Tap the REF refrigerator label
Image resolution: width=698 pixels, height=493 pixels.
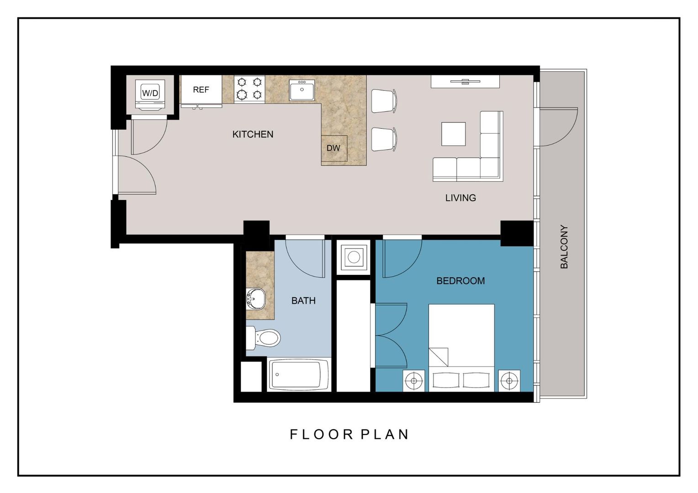201,90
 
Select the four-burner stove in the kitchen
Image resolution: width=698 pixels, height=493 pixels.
249,89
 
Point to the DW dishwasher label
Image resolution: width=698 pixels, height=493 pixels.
333,148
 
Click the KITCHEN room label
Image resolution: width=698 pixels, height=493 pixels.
253,134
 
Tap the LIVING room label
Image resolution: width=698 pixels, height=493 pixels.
460,198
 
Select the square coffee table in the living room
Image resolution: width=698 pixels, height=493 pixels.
453,134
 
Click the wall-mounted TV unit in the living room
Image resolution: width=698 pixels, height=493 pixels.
465,82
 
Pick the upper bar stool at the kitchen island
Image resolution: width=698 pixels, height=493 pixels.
383,101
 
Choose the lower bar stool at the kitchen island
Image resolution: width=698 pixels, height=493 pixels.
383,139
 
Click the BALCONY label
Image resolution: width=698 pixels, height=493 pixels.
564,246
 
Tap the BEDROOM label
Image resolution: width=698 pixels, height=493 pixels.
460,281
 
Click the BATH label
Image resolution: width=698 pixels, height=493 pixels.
303,300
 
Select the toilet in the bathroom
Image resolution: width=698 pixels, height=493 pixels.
264,338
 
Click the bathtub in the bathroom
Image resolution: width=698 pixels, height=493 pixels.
299,375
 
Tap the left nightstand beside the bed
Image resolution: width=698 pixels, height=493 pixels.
414,381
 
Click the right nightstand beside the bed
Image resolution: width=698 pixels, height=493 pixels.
509,381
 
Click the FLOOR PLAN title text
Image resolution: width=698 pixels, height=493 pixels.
349,434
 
